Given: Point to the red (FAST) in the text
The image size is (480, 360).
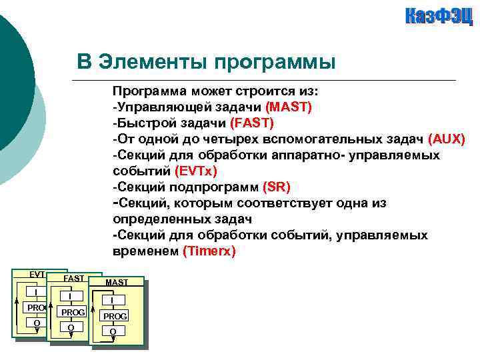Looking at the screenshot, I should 251,123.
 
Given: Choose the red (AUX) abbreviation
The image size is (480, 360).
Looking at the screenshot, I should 447,139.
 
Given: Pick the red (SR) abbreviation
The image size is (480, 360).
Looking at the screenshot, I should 277,187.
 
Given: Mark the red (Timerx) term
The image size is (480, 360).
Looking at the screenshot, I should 209,251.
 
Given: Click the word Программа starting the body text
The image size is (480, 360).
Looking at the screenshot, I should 147,91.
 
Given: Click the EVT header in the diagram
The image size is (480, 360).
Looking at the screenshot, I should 37,275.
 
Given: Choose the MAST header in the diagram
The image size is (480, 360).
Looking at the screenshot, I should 117,283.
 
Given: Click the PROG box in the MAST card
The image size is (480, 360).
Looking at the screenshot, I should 115,315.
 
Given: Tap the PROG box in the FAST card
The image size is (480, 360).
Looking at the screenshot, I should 72,312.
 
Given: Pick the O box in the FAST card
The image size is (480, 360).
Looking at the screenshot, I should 71,327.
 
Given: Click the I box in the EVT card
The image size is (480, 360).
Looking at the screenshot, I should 36,292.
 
